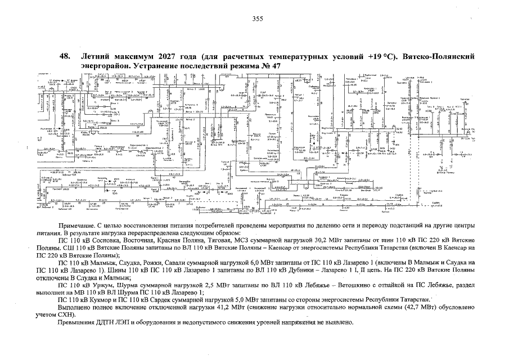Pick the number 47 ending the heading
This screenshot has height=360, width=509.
pyautogui.click(x=275, y=66)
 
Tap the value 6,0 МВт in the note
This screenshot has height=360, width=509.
pyautogui.click(x=232, y=263)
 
